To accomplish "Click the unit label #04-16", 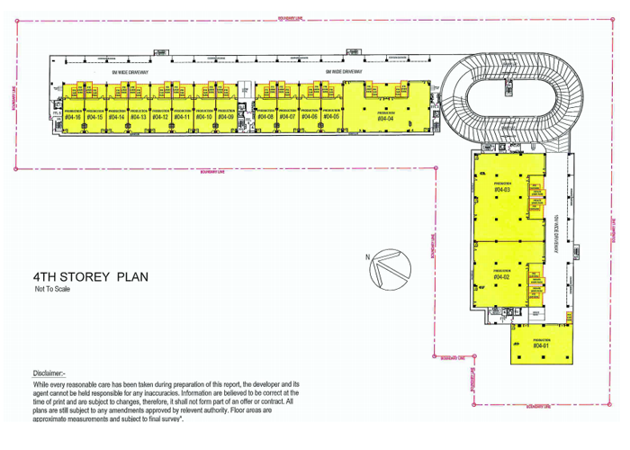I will click(x=74, y=117).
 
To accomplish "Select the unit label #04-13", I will click(x=139, y=117).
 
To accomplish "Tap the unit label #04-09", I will click(x=225, y=117).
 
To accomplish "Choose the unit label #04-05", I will click(x=332, y=117).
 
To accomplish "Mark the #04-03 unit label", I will click(x=502, y=190).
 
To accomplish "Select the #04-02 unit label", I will click(x=502, y=276).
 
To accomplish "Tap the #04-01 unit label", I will click(x=540, y=346).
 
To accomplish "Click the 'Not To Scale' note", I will click(x=53, y=291).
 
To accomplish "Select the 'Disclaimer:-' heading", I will click(x=49, y=373).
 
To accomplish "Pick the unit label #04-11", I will click(x=182, y=117).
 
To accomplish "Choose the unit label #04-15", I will click(x=94, y=117).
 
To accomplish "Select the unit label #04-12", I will click(x=160, y=117).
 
